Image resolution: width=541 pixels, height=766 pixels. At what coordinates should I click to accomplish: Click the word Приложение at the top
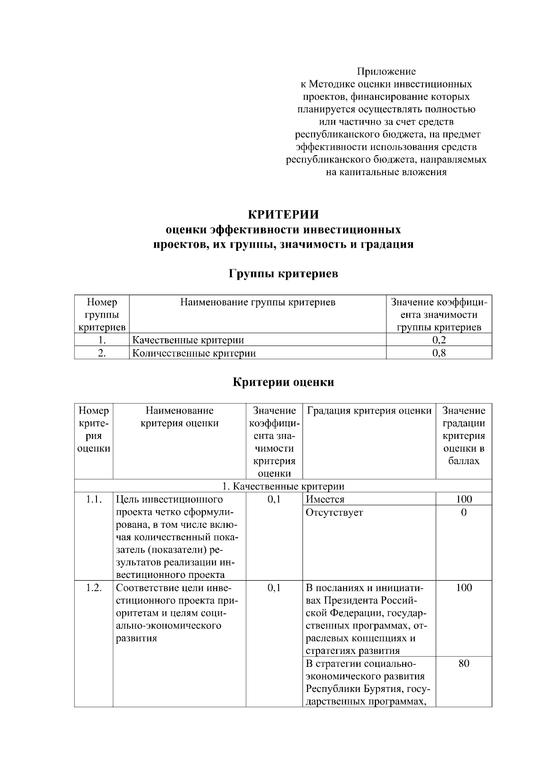(x=386, y=71)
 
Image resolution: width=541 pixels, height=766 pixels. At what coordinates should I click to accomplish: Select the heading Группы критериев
(x=283, y=273)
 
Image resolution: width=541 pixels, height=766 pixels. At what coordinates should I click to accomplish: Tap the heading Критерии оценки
(x=283, y=382)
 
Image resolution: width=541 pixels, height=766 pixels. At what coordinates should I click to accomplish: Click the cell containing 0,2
(x=439, y=340)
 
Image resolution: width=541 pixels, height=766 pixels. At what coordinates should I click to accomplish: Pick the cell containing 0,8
(x=439, y=353)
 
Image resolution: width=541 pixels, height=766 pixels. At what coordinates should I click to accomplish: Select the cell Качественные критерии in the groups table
(x=188, y=340)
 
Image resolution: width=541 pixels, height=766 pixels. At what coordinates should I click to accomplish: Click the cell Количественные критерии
(x=194, y=353)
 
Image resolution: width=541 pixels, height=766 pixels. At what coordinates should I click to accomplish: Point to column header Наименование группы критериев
(x=257, y=302)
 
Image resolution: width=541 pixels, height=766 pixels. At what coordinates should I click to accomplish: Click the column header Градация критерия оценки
(x=369, y=411)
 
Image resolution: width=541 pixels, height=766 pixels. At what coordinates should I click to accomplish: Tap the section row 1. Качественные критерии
(x=283, y=486)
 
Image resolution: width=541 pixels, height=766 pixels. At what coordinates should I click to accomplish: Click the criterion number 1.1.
(x=94, y=499)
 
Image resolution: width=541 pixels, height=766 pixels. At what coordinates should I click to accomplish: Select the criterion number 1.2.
(x=94, y=587)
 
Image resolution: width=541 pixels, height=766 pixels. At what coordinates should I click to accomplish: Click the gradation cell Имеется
(x=325, y=499)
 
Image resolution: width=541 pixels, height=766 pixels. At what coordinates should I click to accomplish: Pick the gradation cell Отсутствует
(x=334, y=512)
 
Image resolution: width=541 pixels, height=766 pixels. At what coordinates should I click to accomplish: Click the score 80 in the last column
(x=463, y=663)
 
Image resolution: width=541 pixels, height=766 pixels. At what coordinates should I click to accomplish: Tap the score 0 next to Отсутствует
(x=463, y=512)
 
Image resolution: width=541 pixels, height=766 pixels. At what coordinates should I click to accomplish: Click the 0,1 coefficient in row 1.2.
(x=274, y=587)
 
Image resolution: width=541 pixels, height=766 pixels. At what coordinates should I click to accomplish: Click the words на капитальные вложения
(x=386, y=172)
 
